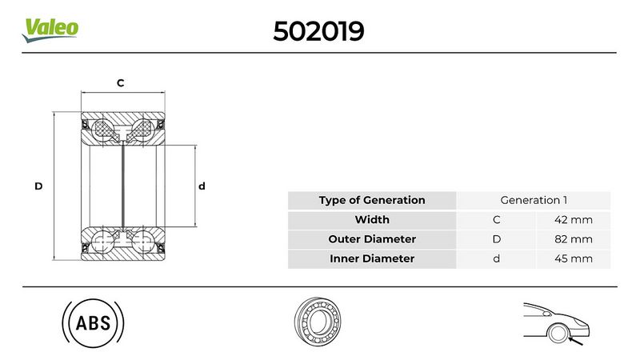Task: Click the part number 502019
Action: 319,30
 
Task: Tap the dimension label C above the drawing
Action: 121,83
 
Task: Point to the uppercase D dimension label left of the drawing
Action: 38,186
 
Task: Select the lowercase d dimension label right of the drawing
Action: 202,186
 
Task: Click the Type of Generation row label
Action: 371,200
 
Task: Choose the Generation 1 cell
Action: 533,200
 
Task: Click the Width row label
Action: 371,219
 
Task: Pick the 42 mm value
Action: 573,219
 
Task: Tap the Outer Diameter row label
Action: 371,239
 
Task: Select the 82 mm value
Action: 573,239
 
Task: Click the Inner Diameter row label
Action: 371,258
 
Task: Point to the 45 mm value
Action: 573,258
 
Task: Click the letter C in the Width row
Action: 496,219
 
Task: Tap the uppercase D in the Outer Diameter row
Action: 496,239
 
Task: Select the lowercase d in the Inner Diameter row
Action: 496,258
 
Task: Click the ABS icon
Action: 93,324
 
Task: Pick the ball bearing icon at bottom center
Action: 319,323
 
